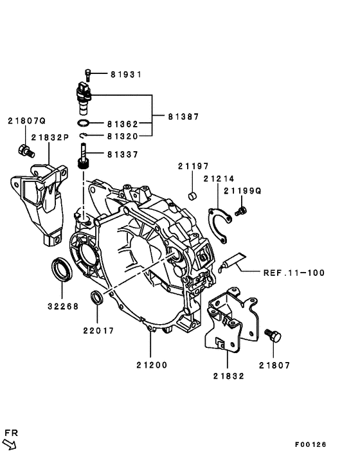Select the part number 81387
click(x=183, y=117)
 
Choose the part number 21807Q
click(x=27, y=120)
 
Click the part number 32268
click(x=62, y=306)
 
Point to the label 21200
click(x=151, y=365)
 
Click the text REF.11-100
click(x=294, y=273)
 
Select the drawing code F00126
click(x=311, y=444)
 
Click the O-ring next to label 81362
click(x=84, y=122)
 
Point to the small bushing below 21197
click(x=191, y=195)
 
